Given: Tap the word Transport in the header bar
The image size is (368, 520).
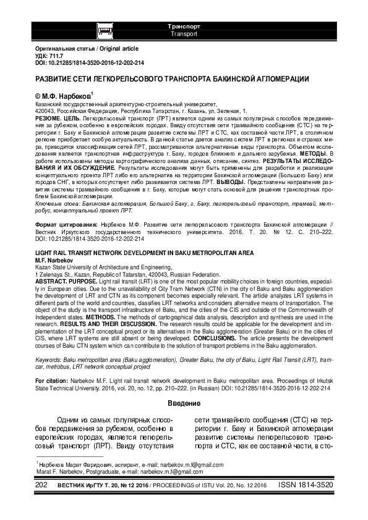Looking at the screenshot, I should (x=184, y=34).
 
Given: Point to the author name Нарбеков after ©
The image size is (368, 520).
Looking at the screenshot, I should (x=74, y=98).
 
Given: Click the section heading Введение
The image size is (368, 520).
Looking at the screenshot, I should (x=184, y=405).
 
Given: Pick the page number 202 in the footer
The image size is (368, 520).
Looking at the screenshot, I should (x=40, y=487).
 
